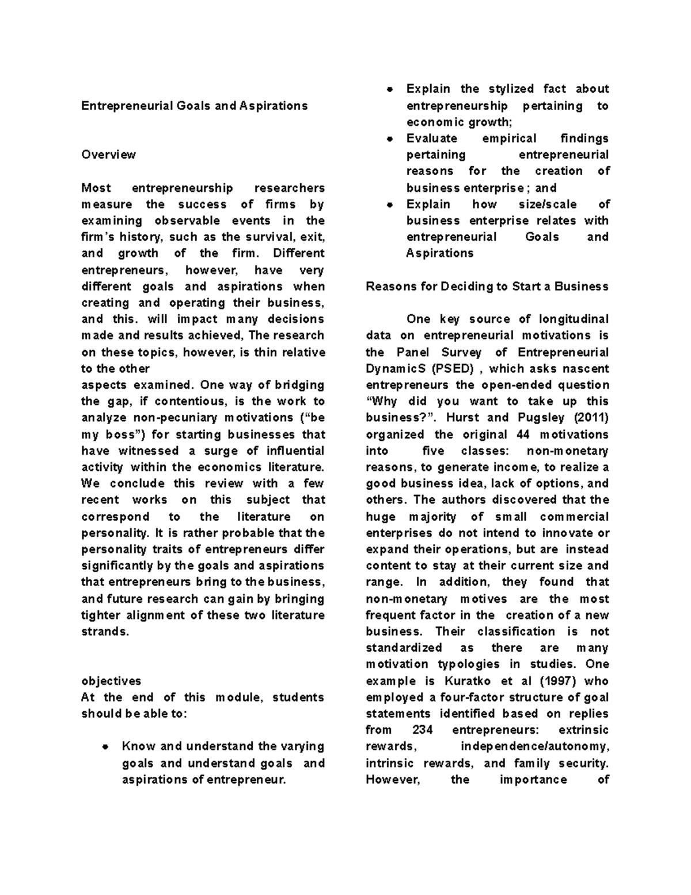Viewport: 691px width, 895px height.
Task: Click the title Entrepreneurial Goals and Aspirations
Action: (195, 106)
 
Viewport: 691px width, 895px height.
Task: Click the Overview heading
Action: (109, 154)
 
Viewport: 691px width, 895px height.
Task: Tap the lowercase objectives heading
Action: (111, 681)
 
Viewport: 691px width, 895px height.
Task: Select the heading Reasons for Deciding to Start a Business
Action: (487, 286)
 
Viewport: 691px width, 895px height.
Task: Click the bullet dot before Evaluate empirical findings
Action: (390, 139)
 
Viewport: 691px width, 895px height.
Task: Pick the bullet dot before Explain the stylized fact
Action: (390, 89)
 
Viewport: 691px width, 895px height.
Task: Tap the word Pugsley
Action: (541, 418)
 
